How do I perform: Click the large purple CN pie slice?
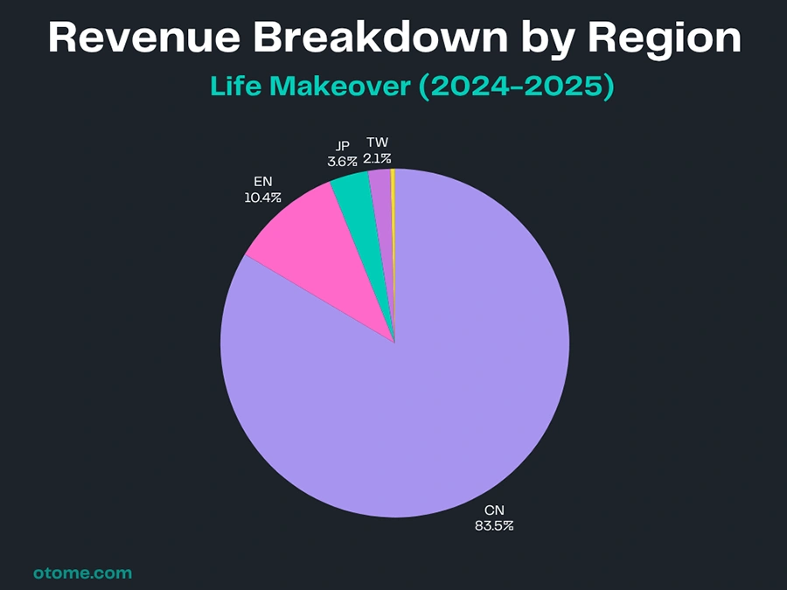click(420, 393)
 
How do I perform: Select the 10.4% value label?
click(262, 198)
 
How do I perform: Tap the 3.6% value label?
click(342, 162)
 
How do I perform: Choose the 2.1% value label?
click(378, 158)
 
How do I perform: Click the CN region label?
click(495, 510)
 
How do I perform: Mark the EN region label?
click(262, 183)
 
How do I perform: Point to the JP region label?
click(343, 146)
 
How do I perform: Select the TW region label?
click(378, 142)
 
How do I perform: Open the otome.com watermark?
click(82, 573)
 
